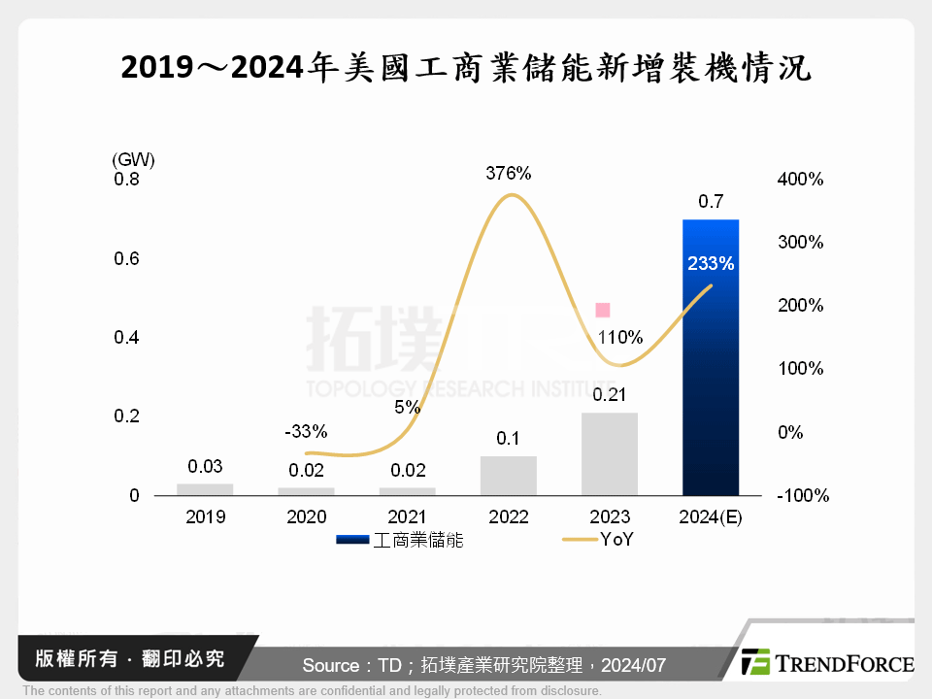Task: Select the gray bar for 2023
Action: click(610, 453)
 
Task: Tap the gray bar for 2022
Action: click(509, 475)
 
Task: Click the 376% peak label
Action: click(509, 174)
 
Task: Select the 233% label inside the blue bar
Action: click(711, 263)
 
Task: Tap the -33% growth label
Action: click(307, 431)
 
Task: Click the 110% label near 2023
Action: click(619, 338)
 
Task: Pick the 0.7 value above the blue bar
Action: click(711, 202)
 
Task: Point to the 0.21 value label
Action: click(610, 394)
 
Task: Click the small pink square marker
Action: click(602, 310)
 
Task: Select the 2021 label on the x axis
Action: click(408, 516)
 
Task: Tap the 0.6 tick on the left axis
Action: click(126, 258)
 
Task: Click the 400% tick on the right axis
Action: click(800, 180)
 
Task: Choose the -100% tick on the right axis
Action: click(803, 495)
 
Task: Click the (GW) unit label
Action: click(133, 158)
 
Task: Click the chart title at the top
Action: click(466, 69)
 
